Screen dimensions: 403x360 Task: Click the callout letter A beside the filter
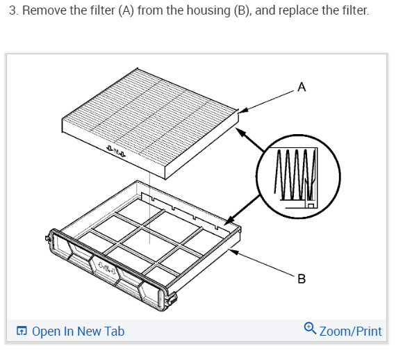point(302,87)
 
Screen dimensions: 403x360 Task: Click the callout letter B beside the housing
point(302,279)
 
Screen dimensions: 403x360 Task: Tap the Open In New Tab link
point(78,332)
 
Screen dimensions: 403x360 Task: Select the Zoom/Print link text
point(351,332)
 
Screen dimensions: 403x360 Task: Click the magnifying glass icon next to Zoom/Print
point(310,328)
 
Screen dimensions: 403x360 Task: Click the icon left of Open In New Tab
point(22,331)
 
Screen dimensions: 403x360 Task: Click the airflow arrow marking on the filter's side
point(116,152)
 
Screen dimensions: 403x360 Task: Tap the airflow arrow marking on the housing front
point(107,268)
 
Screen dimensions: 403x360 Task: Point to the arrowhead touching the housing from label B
point(233,252)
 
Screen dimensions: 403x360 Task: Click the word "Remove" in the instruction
point(43,10)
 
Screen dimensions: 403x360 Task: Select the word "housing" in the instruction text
point(208,11)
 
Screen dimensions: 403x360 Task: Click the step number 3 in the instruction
point(13,10)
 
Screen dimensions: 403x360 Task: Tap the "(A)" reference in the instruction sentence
point(126,11)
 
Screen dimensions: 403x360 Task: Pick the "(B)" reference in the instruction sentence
point(241,11)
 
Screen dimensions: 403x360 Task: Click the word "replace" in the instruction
point(299,11)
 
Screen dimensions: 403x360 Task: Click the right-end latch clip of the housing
point(171,299)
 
